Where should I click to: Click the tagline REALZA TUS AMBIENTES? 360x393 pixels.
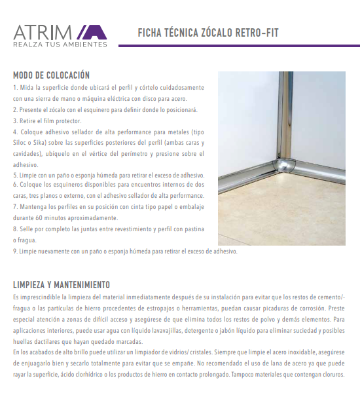pos(60,45)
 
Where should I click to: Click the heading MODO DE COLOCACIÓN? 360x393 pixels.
pos(51,75)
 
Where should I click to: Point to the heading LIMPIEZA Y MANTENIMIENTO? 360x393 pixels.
pos(62,285)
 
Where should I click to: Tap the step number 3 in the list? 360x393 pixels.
pos(14,121)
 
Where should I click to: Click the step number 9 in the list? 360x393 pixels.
pos(14,251)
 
